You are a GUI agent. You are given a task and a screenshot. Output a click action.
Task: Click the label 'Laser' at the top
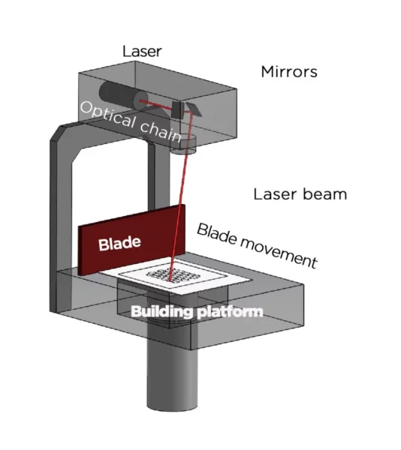pyautogui.click(x=142, y=52)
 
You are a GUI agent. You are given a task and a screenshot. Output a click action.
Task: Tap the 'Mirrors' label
pyautogui.click(x=289, y=72)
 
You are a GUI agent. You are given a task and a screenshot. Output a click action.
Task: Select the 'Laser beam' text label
pyautogui.click(x=300, y=194)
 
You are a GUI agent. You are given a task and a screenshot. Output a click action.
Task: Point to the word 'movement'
pyautogui.click(x=279, y=253)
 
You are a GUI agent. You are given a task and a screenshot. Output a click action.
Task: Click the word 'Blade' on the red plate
pyautogui.click(x=119, y=244)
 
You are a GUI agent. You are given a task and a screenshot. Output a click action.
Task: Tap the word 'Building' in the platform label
pyautogui.click(x=161, y=311)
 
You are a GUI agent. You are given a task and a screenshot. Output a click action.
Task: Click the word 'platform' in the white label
pyautogui.click(x=231, y=312)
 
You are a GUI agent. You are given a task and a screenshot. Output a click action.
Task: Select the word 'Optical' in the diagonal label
pyautogui.click(x=107, y=115)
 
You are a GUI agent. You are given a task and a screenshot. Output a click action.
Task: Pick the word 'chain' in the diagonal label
pyautogui.click(x=161, y=131)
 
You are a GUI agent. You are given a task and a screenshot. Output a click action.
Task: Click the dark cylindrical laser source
pyautogui.click(x=122, y=95)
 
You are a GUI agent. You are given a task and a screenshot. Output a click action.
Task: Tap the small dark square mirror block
pyautogui.click(x=177, y=109)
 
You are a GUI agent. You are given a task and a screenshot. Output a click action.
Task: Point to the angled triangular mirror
pyautogui.click(x=193, y=109)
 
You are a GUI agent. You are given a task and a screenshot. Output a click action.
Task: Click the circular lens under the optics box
pyautogui.click(x=184, y=145)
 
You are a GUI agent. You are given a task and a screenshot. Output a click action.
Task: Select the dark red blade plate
pyautogui.click(x=131, y=240)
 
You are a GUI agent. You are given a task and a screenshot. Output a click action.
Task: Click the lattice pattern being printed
pyautogui.click(x=173, y=274)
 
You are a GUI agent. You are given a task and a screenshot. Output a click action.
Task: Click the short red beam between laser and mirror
pyautogui.click(x=158, y=104)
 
